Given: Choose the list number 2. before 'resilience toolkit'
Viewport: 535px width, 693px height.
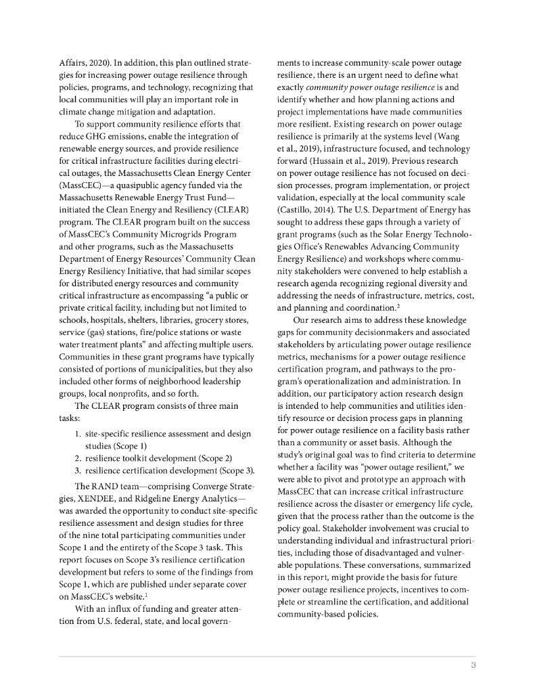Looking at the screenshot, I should (x=78, y=458).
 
